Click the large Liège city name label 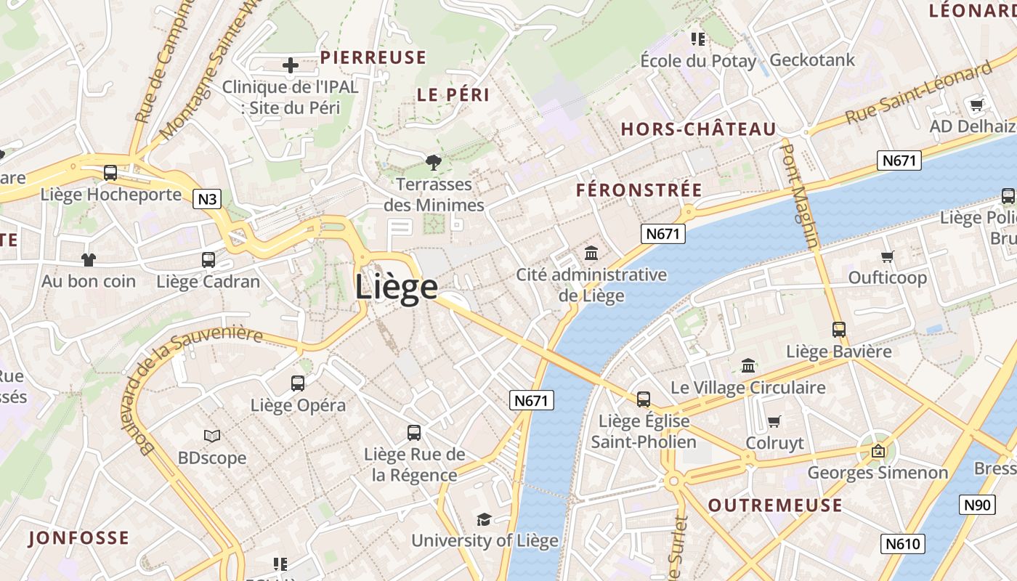pyautogui.click(x=397, y=288)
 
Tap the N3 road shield pyautogui.click(x=207, y=199)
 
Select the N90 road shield pyautogui.click(x=977, y=505)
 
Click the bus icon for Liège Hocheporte pyautogui.click(x=110, y=173)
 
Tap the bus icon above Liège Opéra pyautogui.click(x=298, y=383)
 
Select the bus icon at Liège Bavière pyautogui.click(x=839, y=330)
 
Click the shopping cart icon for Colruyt pyautogui.click(x=774, y=422)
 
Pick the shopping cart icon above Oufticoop pyautogui.click(x=887, y=256)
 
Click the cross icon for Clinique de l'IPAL pyautogui.click(x=291, y=66)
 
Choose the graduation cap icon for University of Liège pyautogui.click(x=484, y=519)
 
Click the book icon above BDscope pyautogui.click(x=212, y=436)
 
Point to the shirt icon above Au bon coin pyautogui.click(x=89, y=259)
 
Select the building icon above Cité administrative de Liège pyautogui.click(x=591, y=254)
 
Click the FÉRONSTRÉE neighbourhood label pyautogui.click(x=639, y=191)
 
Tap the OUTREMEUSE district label pyautogui.click(x=775, y=505)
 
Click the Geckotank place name pyautogui.click(x=812, y=60)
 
